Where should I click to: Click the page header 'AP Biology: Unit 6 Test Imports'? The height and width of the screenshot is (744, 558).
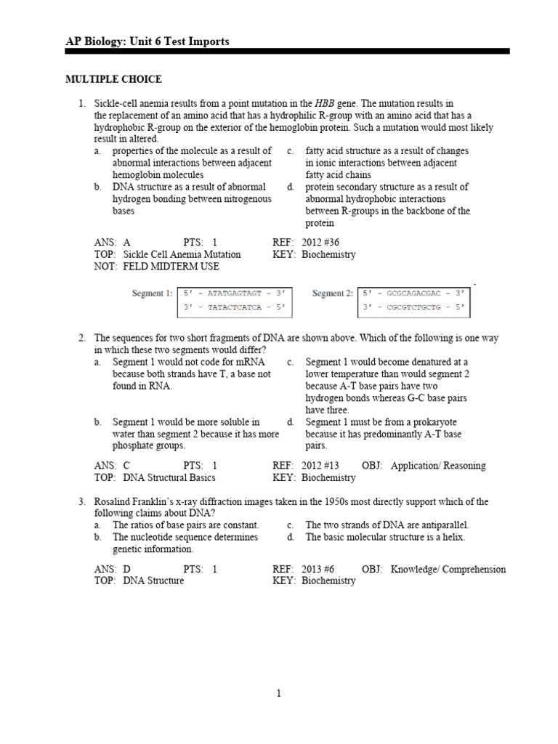pyautogui.click(x=147, y=41)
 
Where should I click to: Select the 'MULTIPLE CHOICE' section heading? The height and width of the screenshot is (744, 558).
pyautogui.click(x=114, y=79)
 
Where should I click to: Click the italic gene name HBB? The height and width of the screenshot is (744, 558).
pyautogui.click(x=325, y=104)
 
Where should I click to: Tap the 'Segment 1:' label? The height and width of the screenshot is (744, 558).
pyautogui.click(x=151, y=294)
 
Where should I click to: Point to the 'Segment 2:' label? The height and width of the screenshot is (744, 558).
pyautogui.click(x=332, y=294)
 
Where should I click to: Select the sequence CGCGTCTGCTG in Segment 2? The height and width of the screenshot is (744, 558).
pyautogui.click(x=415, y=307)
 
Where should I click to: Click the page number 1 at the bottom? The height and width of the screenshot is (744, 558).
pyautogui.click(x=279, y=694)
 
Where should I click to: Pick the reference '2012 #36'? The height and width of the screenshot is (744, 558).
pyautogui.click(x=320, y=243)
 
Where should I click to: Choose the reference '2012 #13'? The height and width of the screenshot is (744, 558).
pyautogui.click(x=320, y=466)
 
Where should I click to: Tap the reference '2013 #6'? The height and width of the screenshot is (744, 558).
pyautogui.click(x=318, y=569)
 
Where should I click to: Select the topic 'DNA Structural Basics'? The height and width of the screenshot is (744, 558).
pyautogui.click(x=169, y=477)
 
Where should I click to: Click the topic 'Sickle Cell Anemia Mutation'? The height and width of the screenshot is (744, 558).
pyautogui.click(x=182, y=254)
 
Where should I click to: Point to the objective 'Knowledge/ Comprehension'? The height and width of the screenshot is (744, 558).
pyautogui.click(x=448, y=569)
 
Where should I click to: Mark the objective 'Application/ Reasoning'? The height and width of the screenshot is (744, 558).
pyautogui.click(x=438, y=466)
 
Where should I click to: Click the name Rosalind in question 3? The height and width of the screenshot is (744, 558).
pyautogui.click(x=114, y=502)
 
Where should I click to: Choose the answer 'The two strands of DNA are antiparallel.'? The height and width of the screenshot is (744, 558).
pyautogui.click(x=387, y=525)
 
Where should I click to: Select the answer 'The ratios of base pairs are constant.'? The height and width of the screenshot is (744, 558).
pyautogui.click(x=185, y=525)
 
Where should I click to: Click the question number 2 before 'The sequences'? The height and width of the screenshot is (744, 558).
pyautogui.click(x=82, y=339)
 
